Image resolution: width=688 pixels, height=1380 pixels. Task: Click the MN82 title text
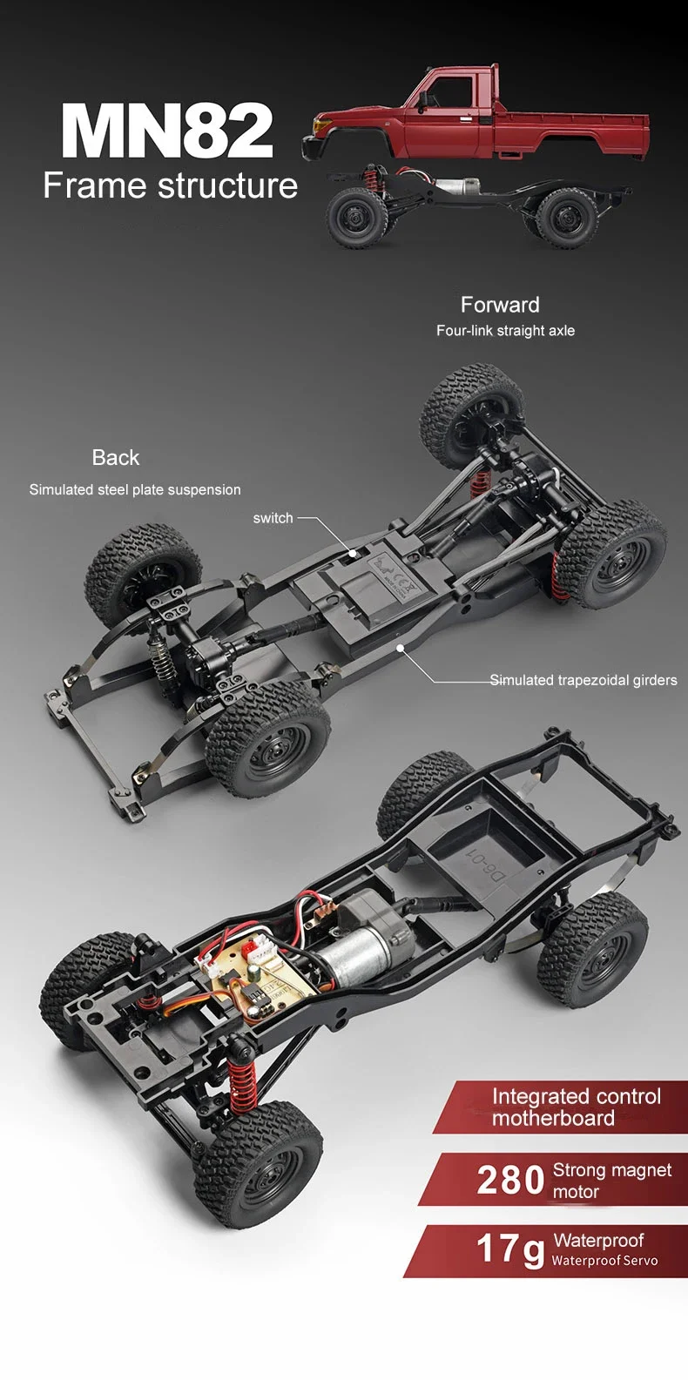coord(167,131)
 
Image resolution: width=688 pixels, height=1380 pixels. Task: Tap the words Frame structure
coord(170,186)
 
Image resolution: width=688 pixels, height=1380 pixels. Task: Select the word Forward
coord(500,305)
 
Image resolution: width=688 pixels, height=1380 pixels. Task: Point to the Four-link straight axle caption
coord(505,331)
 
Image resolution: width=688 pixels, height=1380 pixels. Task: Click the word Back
coord(115,458)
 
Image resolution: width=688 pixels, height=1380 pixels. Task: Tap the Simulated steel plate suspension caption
coord(135,490)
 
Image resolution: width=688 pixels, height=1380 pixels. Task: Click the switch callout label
coord(273,518)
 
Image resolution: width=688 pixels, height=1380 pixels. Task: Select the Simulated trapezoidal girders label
coord(583,680)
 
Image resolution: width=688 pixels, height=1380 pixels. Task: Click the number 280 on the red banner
coord(510,1181)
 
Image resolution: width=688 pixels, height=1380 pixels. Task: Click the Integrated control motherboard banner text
coord(575,1107)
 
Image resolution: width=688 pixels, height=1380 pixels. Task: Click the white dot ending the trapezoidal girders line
coord(400,648)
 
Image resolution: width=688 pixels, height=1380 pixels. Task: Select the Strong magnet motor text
coord(611,1181)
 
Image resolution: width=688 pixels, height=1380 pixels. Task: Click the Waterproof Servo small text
coord(604,1261)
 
